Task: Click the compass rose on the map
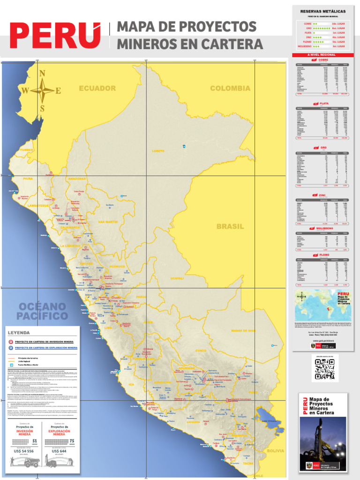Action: click(x=42, y=90)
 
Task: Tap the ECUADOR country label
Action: click(x=97, y=88)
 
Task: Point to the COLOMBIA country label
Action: click(x=230, y=88)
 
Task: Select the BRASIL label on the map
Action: click(x=230, y=226)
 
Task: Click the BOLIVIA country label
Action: click(x=275, y=450)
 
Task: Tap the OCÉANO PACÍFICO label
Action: click(x=43, y=311)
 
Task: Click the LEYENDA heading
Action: click(x=19, y=332)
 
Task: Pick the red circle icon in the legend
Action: click(x=11, y=342)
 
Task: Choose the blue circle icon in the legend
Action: click(x=11, y=348)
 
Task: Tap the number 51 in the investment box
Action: click(x=35, y=441)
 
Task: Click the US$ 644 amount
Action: click(x=59, y=451)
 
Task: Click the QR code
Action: click(x=324, y=369)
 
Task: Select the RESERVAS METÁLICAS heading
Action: click(x=322, y=11)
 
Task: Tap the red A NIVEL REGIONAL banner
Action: click(x=321, y=54)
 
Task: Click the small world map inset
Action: click(x=315, y=305)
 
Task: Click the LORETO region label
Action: click(x=158, y=151)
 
